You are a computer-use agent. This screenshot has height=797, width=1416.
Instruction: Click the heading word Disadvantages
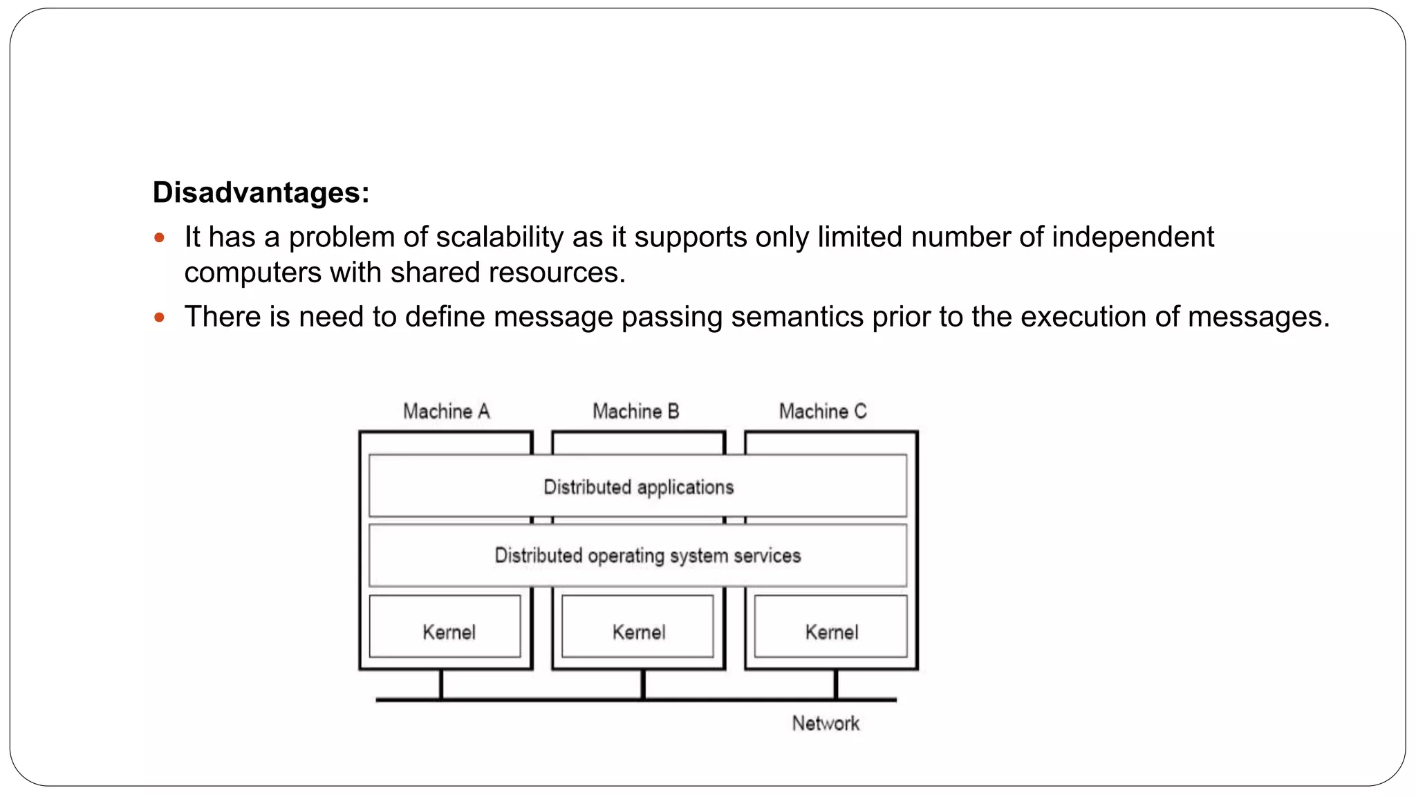tap(260, 192)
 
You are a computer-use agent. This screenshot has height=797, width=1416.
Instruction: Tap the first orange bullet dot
tap(160, 238)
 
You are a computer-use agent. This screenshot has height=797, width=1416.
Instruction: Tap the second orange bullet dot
tap(160, 318)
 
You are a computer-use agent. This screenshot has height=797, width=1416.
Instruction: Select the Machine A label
tap(447, 412)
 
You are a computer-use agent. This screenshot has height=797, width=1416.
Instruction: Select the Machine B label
tap(636, 412)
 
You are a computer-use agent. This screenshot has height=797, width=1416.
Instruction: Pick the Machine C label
tap(823, 412)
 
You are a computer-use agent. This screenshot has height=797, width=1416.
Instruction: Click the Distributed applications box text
tap(638, 487)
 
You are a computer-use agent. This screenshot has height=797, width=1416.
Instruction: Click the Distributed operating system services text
tap(647, 556)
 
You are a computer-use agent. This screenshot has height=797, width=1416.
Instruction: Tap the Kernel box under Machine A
tap(449, 632)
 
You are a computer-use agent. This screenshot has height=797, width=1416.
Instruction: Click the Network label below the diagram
tap(826, 724)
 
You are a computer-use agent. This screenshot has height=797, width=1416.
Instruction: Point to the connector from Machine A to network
tap(441, 684)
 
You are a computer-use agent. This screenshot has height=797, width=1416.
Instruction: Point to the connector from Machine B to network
tap(643, 684)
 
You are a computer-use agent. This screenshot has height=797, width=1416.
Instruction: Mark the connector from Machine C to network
tap(836, 684)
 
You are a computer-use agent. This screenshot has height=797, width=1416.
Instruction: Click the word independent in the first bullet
tap(1133, 237)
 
